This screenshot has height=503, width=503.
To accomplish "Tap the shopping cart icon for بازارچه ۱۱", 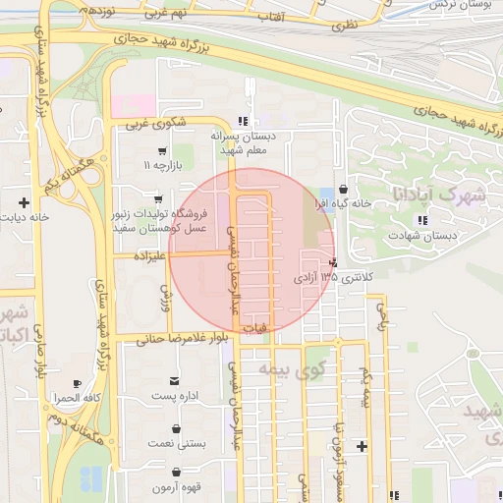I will [x=161, y=151].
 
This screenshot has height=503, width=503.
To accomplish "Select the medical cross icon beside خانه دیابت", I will [x=24, y=202].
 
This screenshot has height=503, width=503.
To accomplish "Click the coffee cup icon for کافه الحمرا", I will [x=78, y=383].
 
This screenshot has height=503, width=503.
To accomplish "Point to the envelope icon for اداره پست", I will [x=176, y=380].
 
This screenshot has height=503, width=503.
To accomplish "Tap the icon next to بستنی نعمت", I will [x=176, y=428].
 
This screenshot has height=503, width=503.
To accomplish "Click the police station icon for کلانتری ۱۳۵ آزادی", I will [x=335, y=263].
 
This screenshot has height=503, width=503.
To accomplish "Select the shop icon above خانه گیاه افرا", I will [x=342, y=189].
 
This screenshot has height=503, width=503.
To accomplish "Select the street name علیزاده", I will [x=140, y=254].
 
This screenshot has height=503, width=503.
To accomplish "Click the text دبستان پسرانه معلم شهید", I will [x=246, y=144].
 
